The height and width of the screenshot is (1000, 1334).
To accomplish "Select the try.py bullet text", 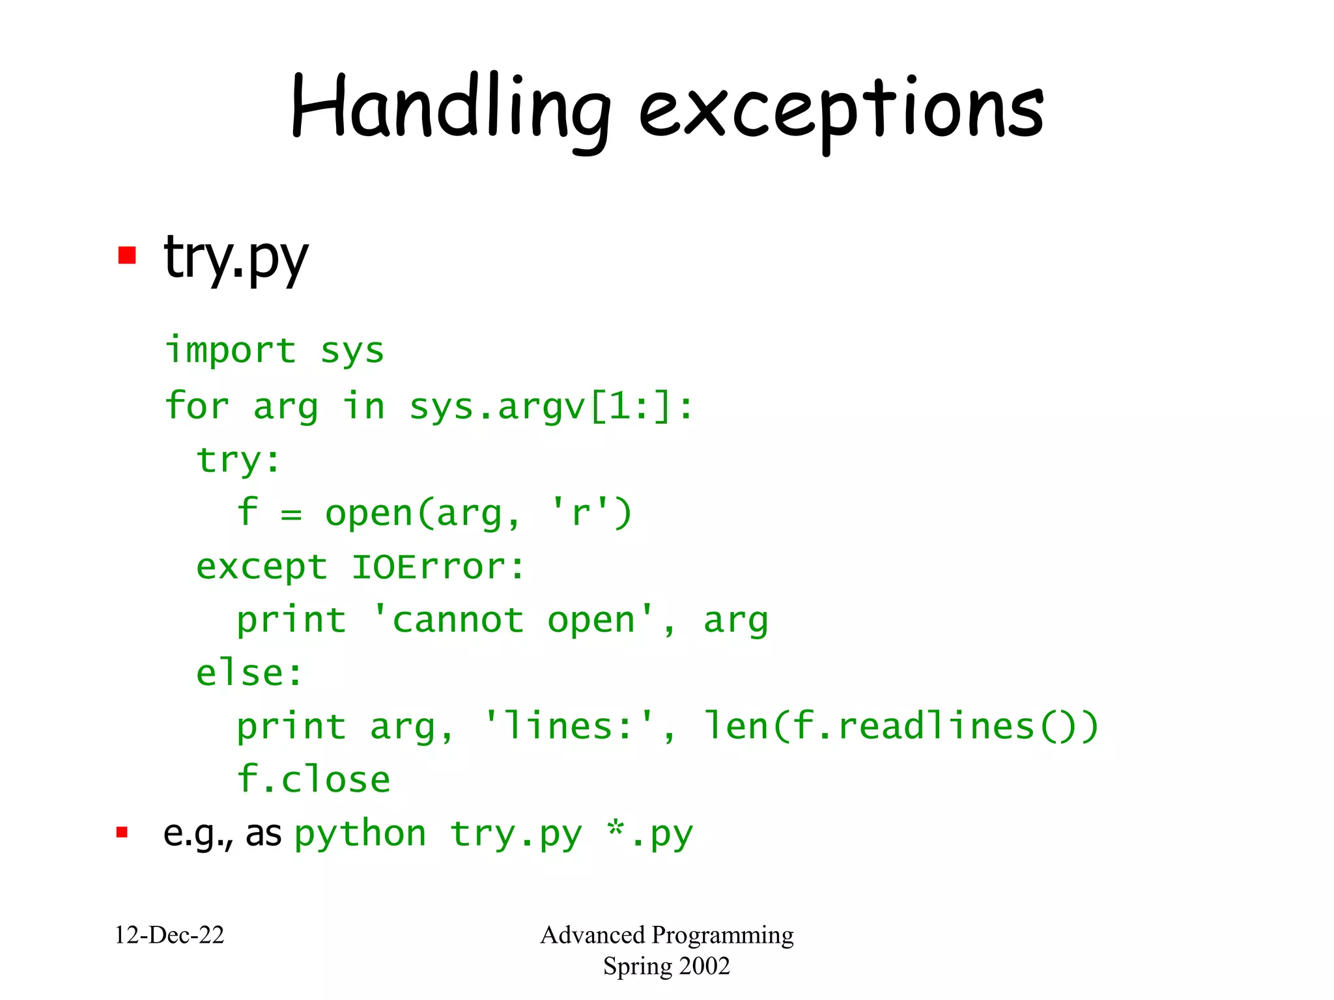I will (x=236, y=257).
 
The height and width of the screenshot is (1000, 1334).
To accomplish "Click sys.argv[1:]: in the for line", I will (x=551, y=407).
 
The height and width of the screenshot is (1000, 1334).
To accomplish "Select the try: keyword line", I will (x=238, y=460).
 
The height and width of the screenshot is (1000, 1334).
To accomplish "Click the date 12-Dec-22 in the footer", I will (x=169, y=935).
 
